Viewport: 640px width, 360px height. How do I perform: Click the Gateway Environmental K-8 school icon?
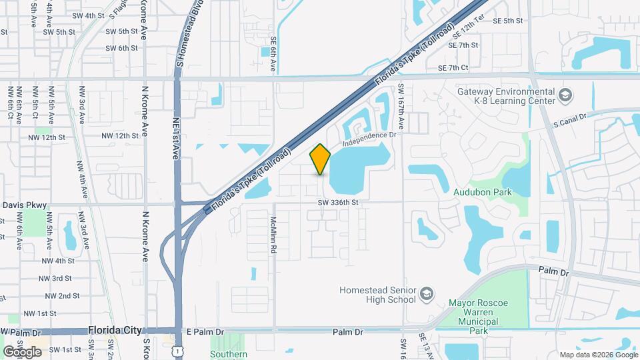tap(565, 95)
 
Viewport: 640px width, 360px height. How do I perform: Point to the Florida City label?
tap(116, 331)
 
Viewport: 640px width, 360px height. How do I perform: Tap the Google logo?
tap(22, 351)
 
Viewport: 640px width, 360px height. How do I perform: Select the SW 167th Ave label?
tap(401, 107)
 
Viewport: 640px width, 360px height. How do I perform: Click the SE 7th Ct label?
tap(454, 68)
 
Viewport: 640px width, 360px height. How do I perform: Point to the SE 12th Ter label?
tap(467, 29)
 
